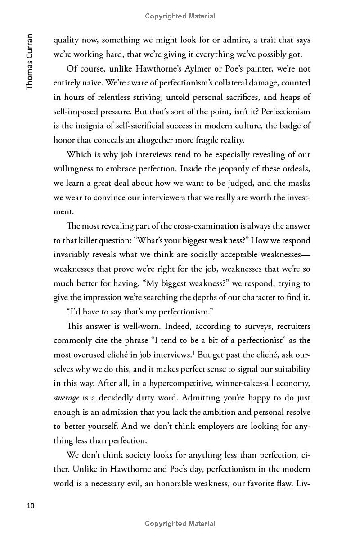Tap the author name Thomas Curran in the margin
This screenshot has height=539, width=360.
click(30, 61)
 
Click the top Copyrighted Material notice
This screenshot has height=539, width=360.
click(180, 16)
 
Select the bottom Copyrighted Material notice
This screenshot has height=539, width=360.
click(180, 523)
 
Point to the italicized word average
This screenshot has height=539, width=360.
click(66, 398)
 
